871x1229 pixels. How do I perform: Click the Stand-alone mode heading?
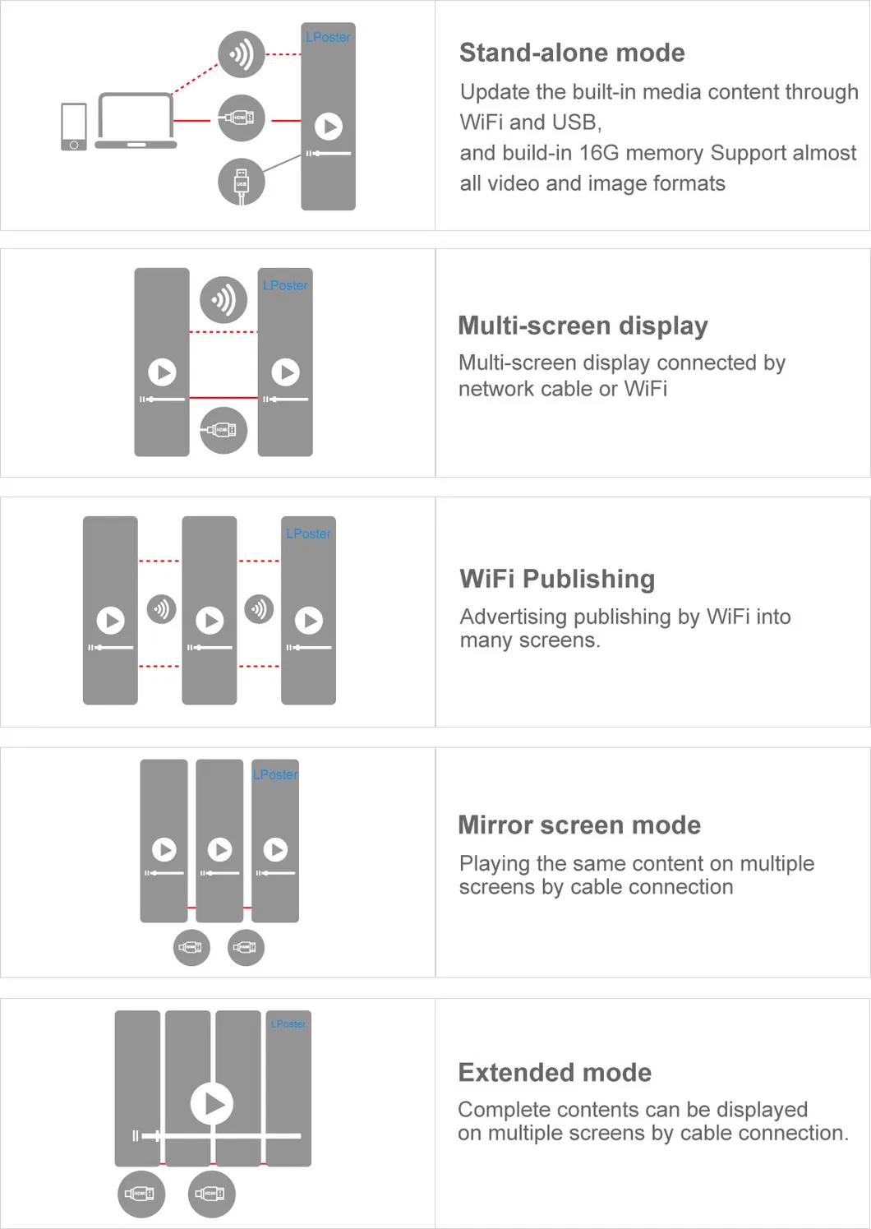(572, 53)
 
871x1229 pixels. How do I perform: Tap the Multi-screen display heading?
(583, 326)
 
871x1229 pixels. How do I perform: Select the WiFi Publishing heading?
(557, 579)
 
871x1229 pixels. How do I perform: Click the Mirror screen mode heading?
(579, 825)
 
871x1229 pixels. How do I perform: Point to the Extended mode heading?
(555, 1072)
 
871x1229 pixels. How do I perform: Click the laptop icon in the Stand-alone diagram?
(136, 121)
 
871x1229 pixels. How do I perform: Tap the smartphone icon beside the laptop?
(74, 127)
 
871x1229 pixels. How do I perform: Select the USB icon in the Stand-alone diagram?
(242, 182)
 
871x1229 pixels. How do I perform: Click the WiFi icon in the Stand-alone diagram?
(242, 55)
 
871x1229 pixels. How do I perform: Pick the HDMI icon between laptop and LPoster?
(242, 118)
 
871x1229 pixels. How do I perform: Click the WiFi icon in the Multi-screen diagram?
(224, 299)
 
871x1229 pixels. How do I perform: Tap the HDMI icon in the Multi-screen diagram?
(224, 430)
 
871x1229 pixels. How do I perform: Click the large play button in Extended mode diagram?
(212, 1103)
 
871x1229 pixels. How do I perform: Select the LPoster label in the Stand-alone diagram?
(328, 37)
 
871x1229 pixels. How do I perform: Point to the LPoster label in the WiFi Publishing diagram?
(308, 534)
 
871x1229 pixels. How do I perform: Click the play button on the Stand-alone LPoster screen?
(329, 127)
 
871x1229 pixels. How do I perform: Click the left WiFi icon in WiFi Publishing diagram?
(162, 609)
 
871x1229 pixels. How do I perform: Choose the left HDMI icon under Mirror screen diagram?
(191, 948)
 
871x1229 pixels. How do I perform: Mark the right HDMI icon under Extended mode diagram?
(211, 1194)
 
